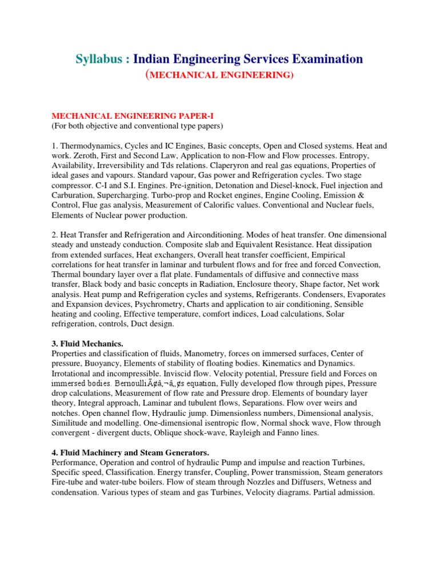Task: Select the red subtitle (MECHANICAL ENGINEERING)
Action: point(220,75)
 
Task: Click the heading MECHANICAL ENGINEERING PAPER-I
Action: point(116,116)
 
